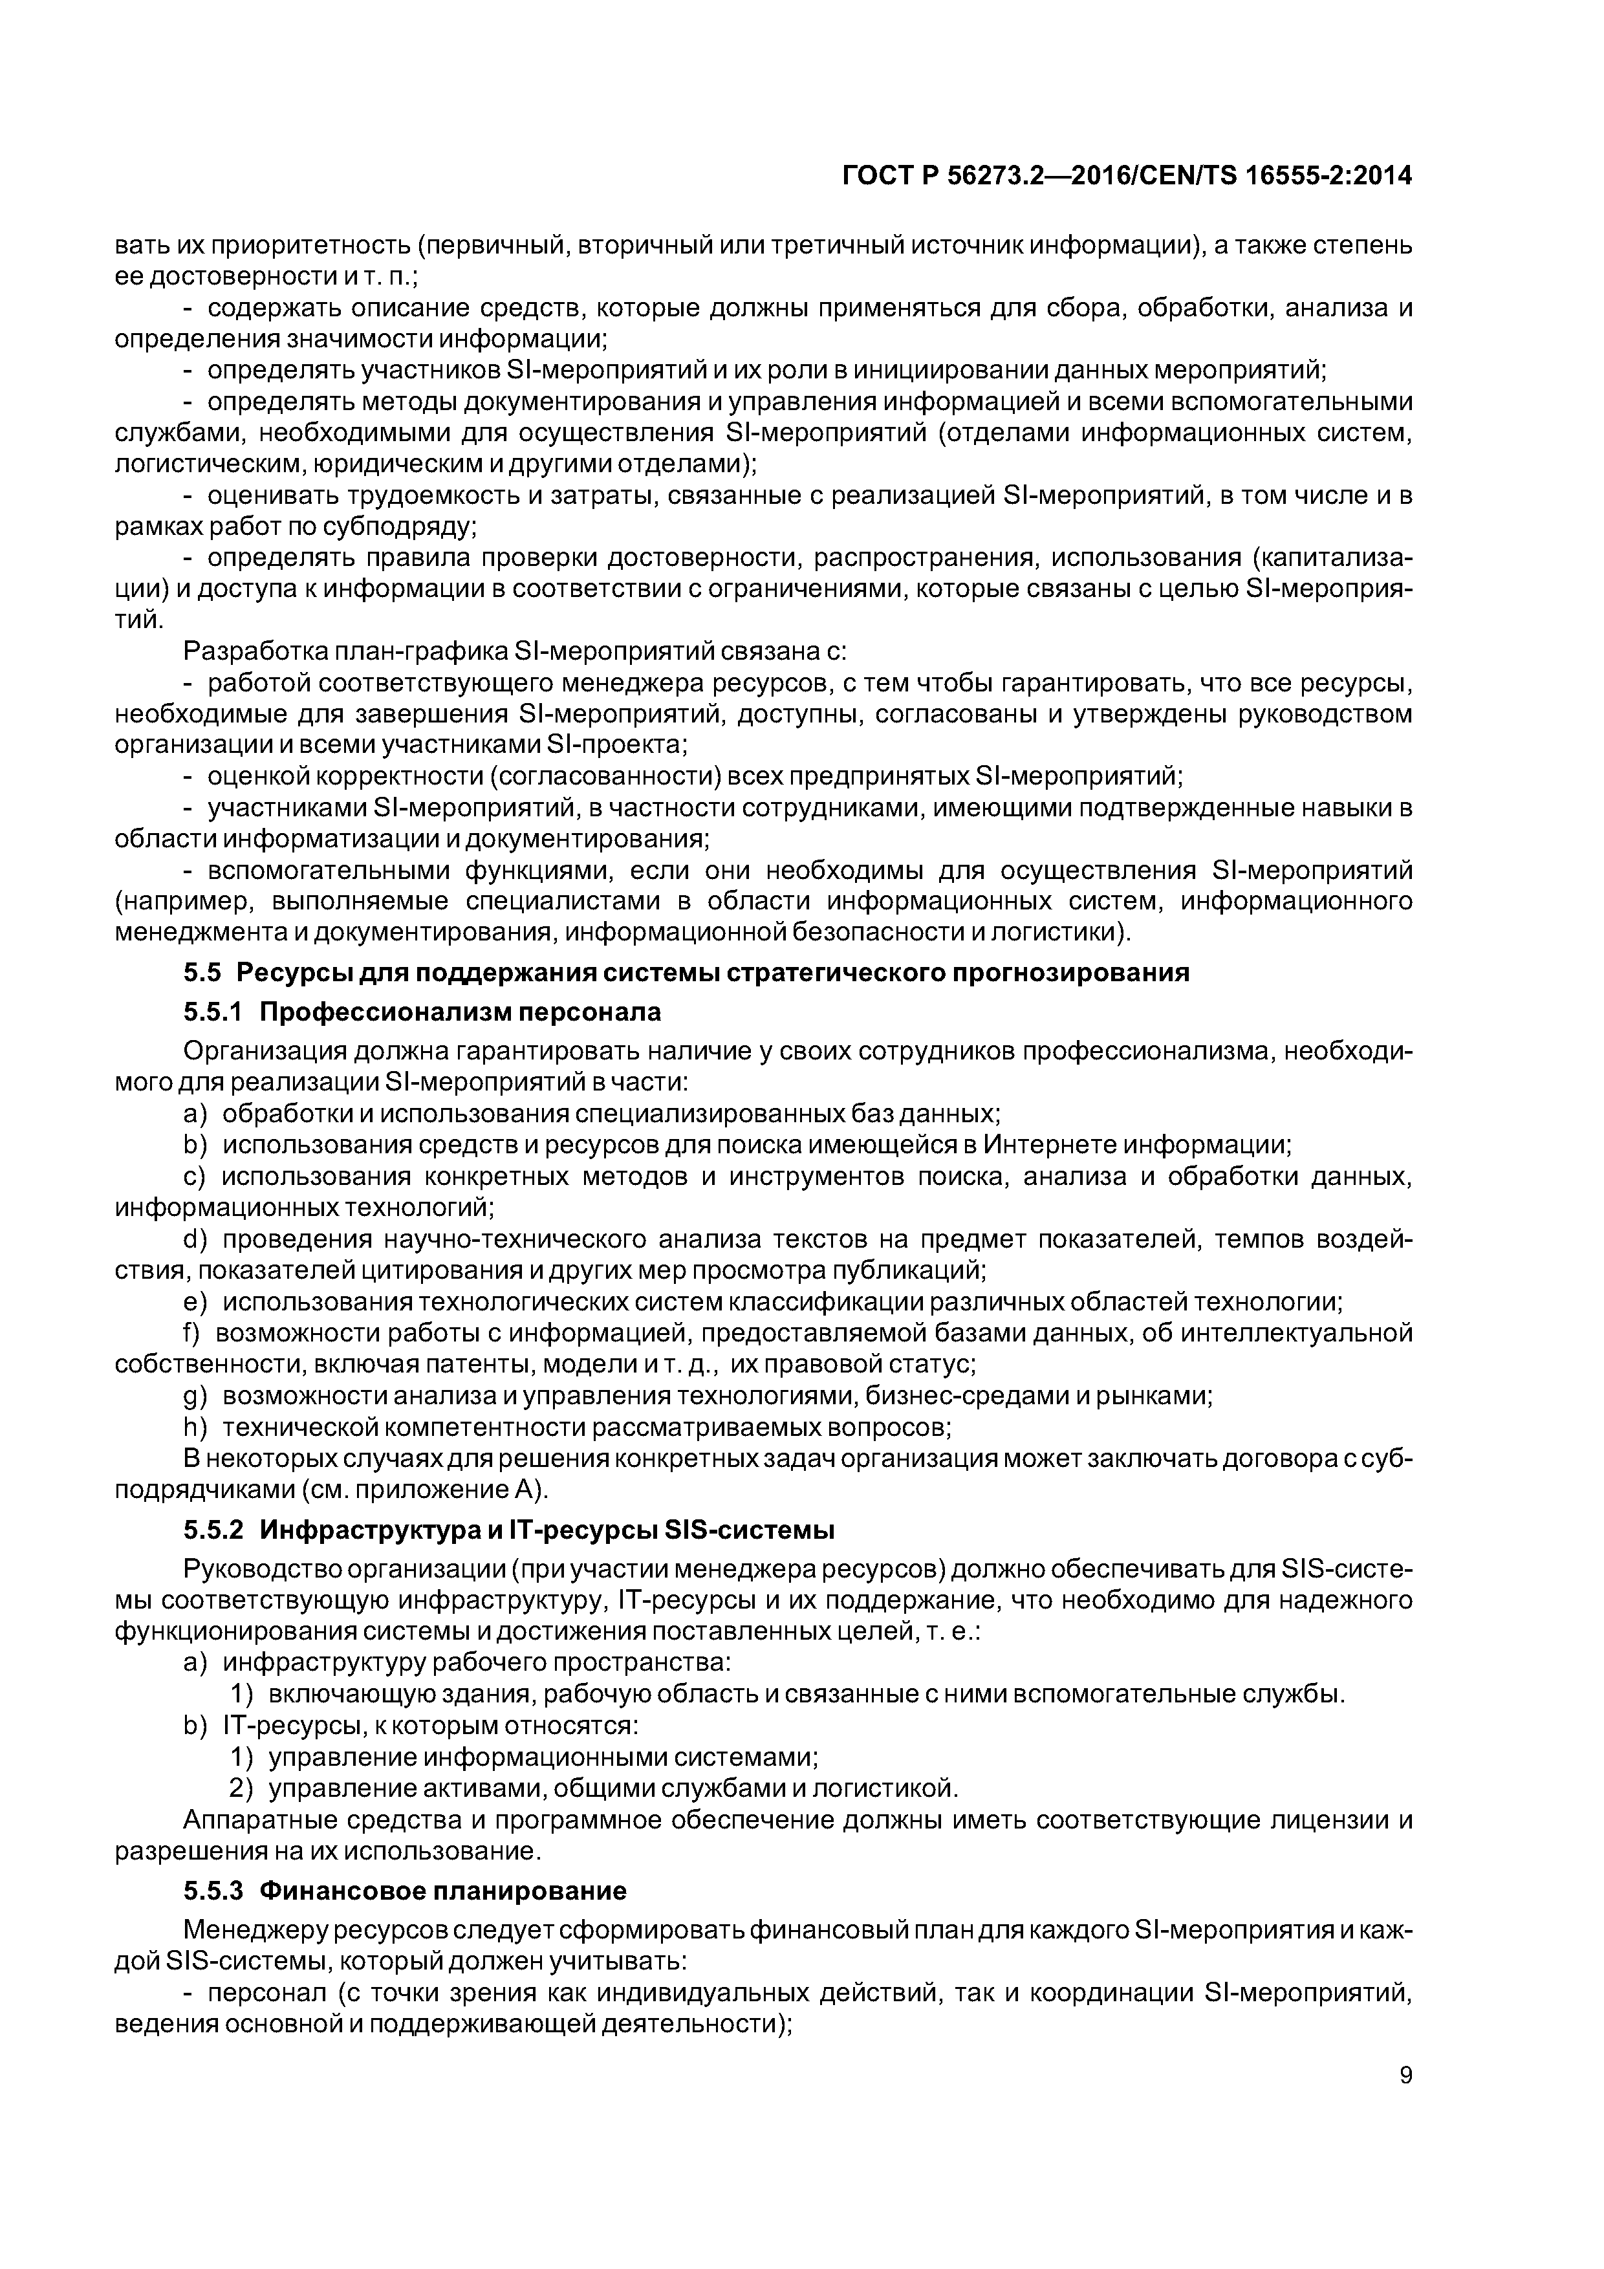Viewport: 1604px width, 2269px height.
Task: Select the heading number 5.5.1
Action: pyautogui.click(x=213, y=1013)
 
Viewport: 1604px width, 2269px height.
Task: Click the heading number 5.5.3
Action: pyautogui.click(x=213, y=1891)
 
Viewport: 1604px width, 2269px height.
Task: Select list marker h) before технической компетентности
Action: pyautogui.click(x=196, y=1428)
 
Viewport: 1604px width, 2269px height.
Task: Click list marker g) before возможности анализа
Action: pyautogui.click(x=196, y=1396)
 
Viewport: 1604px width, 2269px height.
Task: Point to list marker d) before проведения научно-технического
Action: pyautogui.click(x=196, y=1239)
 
